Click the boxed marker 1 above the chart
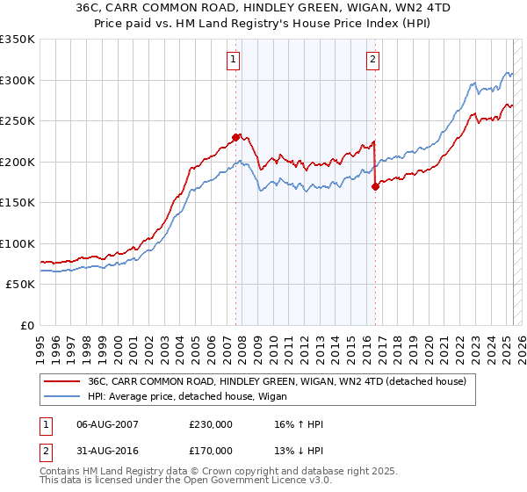coord(234,60)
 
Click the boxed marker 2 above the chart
coord(373,60)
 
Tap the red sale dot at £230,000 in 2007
coord(235,136)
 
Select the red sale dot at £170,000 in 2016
coord(375,186)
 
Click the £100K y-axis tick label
coord(18,243)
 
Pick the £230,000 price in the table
coord(211,424)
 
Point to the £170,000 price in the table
coord(211,451)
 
